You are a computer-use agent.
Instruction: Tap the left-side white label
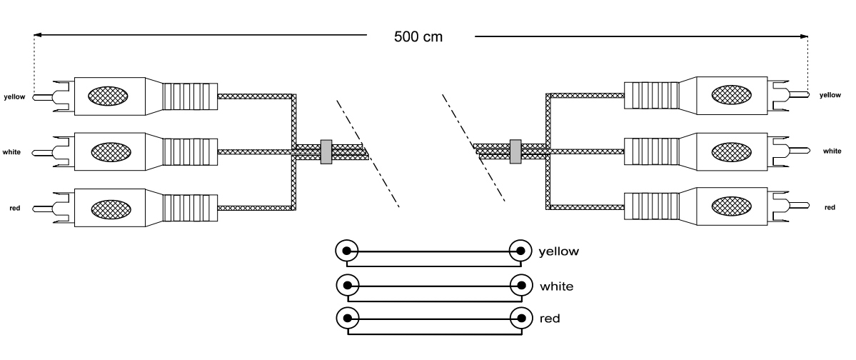[12, 152]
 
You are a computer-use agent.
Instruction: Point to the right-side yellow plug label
[830, 94]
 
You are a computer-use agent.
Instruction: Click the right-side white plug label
[832, 151]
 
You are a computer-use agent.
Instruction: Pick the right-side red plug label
[830, 207]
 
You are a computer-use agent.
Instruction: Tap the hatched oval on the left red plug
[109, 209]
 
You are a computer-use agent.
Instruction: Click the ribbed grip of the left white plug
[189, 151]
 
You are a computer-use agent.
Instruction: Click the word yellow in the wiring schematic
[558, 251]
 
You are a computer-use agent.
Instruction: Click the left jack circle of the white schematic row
[346, 284]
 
